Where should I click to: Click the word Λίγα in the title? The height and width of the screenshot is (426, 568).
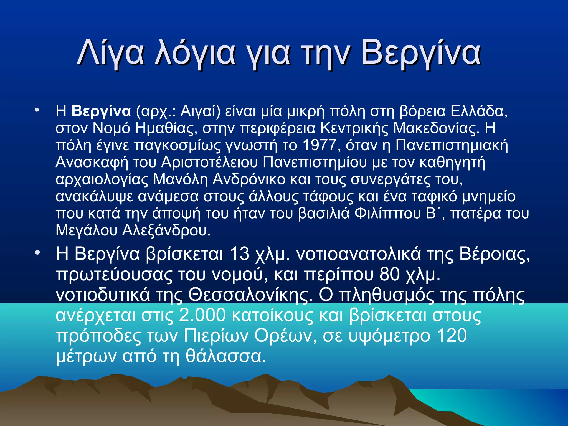tap(111, 53)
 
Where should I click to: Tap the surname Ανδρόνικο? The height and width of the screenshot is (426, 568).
tap(249, 179)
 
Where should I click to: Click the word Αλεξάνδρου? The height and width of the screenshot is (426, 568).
tap(166, 230)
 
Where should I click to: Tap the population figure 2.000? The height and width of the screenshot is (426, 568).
tap(202, 315)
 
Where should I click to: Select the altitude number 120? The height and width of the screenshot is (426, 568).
tap(452, 336)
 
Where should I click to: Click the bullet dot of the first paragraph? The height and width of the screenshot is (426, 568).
tap(37, 111)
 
